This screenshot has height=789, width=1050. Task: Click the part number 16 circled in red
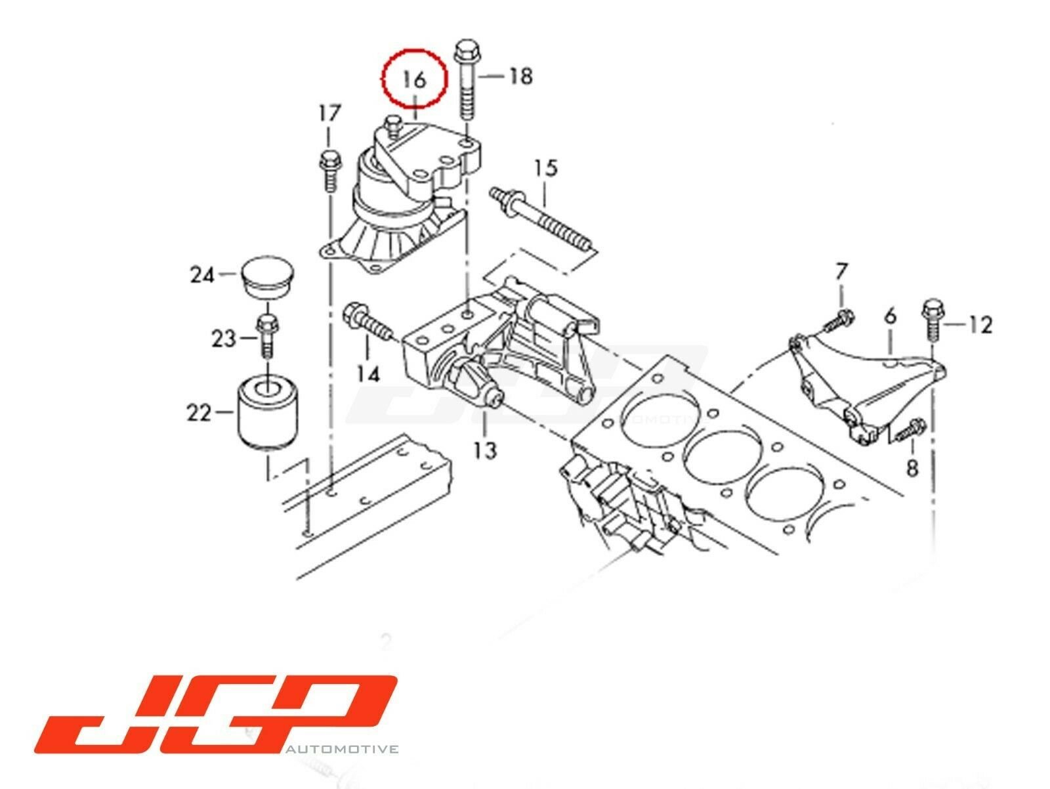[x=414, y=80]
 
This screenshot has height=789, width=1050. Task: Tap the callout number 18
[x=520, y=76]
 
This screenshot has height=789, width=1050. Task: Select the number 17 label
[x=329, y=113]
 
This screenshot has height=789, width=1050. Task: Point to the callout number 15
[x=546, y=168]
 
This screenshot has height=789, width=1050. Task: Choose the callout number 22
[x=199, y=412]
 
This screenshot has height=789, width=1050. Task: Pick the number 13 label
[x=485, y=450]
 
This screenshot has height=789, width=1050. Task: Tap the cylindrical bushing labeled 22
[x=268, y=412]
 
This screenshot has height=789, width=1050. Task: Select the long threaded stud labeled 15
[x=542, y=221]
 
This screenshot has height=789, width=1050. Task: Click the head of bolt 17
[x=329, y=158]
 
